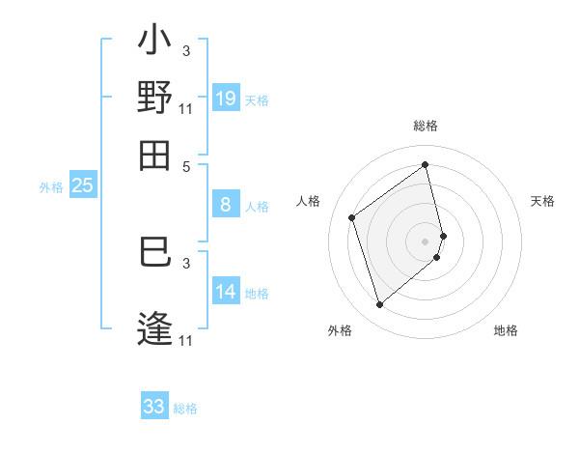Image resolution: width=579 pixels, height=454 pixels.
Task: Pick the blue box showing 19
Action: [x=226, y=99]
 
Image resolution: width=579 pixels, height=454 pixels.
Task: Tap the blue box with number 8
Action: [x=226, y=205]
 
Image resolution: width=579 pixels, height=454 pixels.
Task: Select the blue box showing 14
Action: [x=226, y=292]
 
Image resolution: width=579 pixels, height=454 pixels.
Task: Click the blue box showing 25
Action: [x=82, y=185]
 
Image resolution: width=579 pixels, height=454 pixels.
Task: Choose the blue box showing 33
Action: [x=154, y=407]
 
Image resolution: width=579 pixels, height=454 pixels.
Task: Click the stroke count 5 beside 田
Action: [x=186, y=165]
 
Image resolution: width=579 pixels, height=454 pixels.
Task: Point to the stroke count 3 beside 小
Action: [x=186, y=50]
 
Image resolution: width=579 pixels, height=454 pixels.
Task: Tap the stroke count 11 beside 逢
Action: [x=186, y=340]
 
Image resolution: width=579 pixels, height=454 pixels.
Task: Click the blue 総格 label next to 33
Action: [x=185, y=409]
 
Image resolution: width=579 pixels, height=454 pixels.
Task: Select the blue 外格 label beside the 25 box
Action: [x=50, y=187]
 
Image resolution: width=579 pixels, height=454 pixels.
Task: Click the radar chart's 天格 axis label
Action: [x=543, y=201]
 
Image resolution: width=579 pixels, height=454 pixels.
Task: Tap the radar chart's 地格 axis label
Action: [x=506, y=330]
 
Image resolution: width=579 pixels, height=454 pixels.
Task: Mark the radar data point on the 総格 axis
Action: [x=425, y=164]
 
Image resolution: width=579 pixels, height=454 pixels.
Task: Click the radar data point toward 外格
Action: [x=379, y=305]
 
